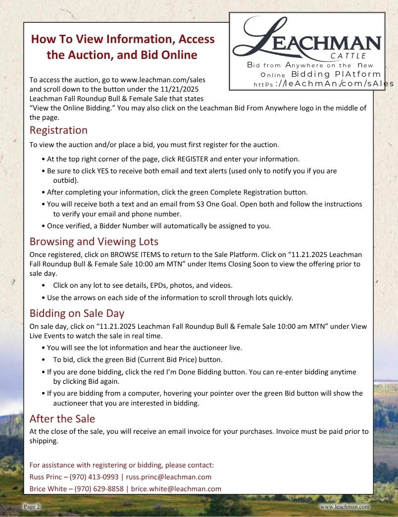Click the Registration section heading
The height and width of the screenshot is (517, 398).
58,130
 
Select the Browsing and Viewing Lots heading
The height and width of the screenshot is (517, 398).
94,242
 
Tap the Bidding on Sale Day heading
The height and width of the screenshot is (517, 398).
77,313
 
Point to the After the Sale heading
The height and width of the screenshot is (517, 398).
62,419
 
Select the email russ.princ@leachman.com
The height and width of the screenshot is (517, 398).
168,477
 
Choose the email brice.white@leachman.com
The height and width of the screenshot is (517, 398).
176,489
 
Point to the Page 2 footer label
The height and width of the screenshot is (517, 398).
32,507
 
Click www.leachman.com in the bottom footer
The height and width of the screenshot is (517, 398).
345,507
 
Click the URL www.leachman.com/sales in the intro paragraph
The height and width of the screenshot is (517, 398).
163,79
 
